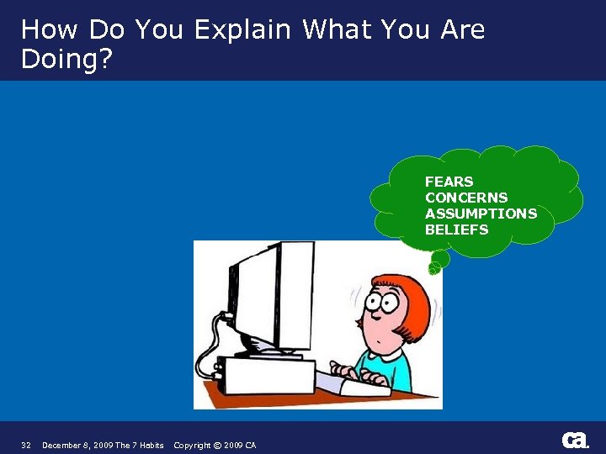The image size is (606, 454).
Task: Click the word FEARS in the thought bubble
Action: pos(449,182)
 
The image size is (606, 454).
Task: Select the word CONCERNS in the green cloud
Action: pos(466,198)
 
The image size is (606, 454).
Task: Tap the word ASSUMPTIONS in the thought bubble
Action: pos(481,214)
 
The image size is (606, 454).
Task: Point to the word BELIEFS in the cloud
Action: pos(456,230)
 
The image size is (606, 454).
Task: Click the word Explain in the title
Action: pos(243,29)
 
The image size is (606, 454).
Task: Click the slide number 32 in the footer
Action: pos(26,445)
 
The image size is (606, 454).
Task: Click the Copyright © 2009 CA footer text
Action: pos(215,445)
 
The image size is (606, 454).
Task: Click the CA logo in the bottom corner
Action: pos(575,440)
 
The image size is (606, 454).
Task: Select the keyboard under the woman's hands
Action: pos(353,383)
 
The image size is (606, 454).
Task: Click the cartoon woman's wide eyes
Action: pos(380,304)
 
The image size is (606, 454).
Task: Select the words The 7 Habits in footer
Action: pos(140,445)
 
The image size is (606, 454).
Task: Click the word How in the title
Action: pos(45,29)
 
